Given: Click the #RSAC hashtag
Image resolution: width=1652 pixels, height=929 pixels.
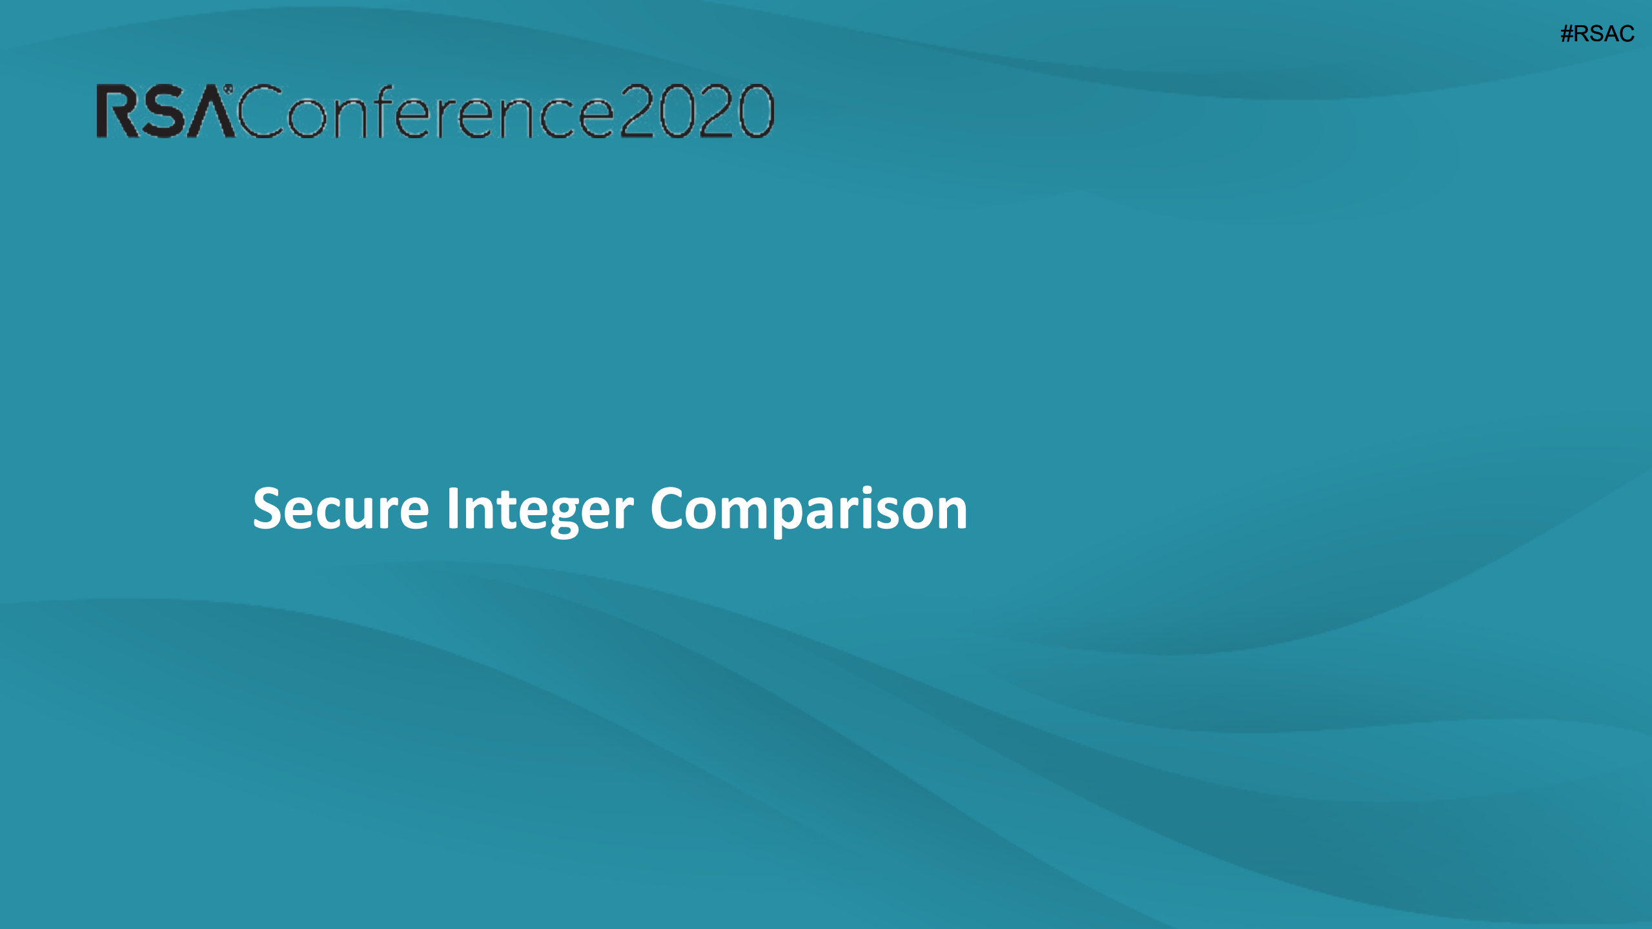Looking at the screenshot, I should (1597, 34).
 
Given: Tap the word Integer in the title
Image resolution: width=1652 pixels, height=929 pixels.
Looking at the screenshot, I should (540, 510).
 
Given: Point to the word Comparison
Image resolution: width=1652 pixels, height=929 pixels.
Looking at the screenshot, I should (808, 510).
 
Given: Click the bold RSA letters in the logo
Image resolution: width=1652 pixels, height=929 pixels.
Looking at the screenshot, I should (165, 112).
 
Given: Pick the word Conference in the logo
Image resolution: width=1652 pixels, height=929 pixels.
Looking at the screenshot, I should (426, 112).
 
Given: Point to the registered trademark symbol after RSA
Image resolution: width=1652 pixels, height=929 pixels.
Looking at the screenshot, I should (228, 88).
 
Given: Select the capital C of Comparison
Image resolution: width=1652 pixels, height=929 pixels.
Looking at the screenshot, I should (671, 509).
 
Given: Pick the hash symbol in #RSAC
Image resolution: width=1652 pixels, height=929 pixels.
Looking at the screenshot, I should (1567, 34).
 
